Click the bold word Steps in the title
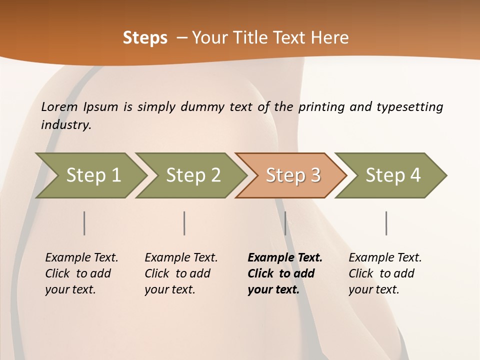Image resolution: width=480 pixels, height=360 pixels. coord(145,38)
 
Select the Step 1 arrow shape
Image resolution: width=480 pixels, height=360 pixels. coord(92,175)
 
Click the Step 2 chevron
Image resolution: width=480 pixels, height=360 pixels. coord(192,175)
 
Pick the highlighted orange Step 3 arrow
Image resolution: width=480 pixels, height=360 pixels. coord(292,175)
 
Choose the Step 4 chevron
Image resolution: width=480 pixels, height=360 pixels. coord(392,175)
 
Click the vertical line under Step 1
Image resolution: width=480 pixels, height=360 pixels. coord(84,223)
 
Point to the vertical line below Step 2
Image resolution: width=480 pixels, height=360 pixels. coord(184,223)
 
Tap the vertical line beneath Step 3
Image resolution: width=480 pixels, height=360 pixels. coord(285,223)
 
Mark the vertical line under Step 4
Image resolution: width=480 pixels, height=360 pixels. coord(386,223)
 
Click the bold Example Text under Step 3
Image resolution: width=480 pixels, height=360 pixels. coord(285,273)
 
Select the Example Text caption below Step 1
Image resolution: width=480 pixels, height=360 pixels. coord(81,273)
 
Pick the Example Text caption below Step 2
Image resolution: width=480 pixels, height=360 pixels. coord(181,273)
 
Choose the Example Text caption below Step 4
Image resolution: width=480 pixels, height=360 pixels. coord(385,273)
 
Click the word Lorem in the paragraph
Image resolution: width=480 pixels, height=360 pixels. coord(59,107)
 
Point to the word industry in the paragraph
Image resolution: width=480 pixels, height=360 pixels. coord(65,125)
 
